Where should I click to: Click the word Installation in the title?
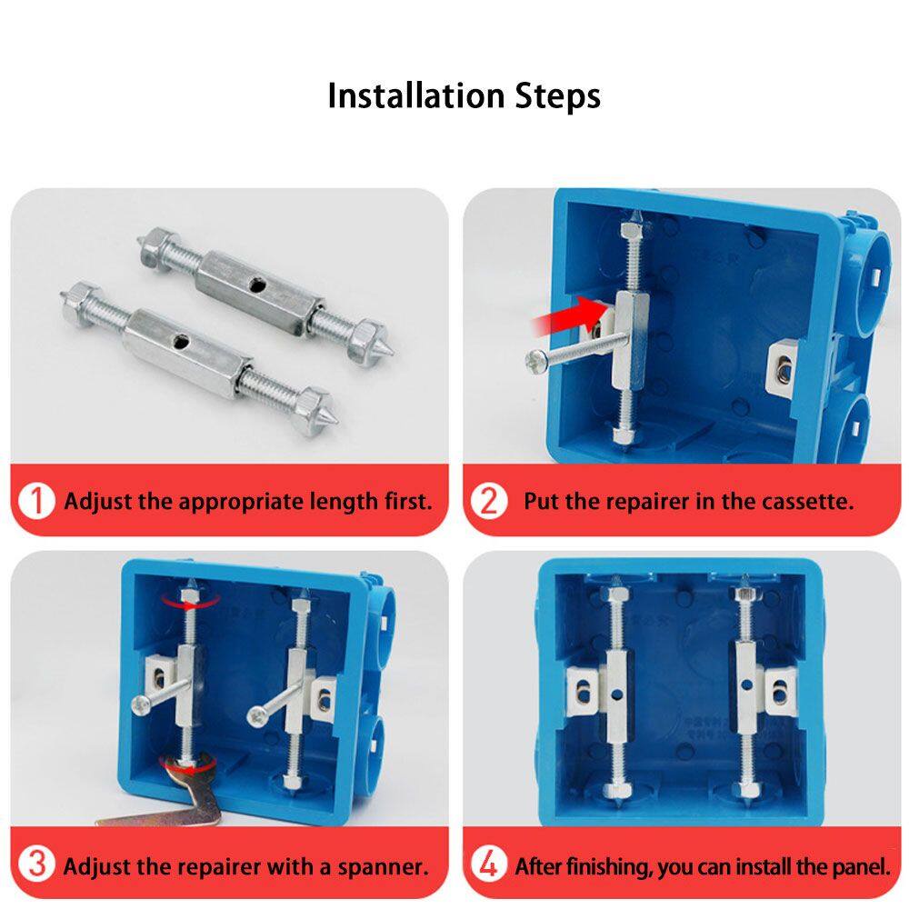point(415,96)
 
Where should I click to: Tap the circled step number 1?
point(36,501)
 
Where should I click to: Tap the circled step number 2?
point(489,501)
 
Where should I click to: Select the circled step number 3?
point(36,864)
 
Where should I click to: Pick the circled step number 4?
point(489,864)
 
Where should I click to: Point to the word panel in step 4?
point(861,866)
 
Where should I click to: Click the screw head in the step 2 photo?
point(534,362)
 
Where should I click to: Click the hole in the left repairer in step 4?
point(618,693)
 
